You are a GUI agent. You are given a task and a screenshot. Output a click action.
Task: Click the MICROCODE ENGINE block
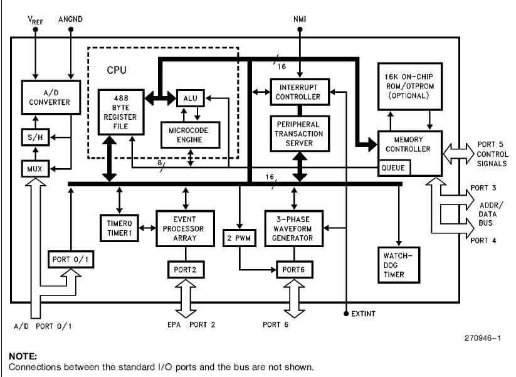[189, 134]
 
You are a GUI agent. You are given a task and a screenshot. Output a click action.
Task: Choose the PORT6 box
[293, 270]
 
